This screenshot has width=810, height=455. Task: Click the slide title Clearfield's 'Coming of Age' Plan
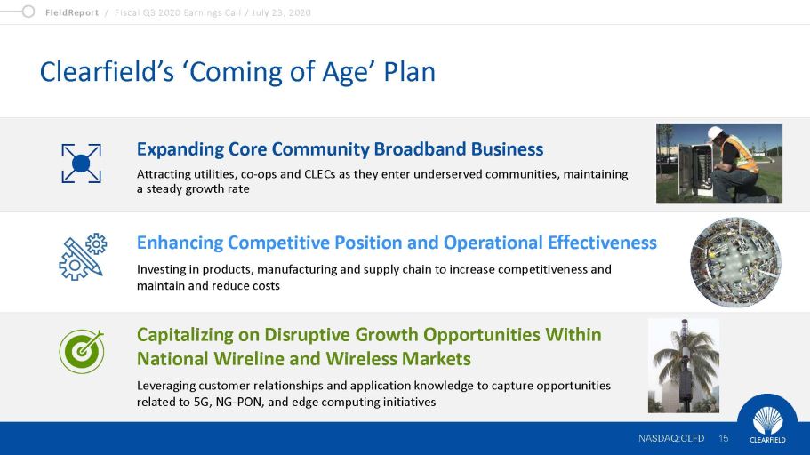click(x=237, y=72)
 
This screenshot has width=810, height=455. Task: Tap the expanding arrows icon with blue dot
click(x=81, y=164)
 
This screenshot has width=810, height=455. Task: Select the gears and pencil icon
click(x=83, y=257)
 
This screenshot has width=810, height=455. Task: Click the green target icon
click(x=82, y=351)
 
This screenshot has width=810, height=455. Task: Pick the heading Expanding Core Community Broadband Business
click(x=340, y=149)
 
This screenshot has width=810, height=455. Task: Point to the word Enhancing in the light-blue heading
click(x=180, y=243)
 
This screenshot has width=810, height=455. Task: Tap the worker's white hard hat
click(x=716, y=132)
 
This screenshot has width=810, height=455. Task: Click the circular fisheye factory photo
click(x=735, y=262)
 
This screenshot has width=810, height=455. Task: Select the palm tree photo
click(x=684, y=365)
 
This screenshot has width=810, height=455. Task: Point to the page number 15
click(x=723, y=438)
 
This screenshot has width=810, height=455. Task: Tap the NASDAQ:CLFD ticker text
click(x=671, y=438)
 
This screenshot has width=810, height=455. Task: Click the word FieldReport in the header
click(x=72, y=12)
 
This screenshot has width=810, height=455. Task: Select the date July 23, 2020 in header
click(x=281, y=12)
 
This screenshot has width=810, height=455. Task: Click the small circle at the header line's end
click(x=28, y=12)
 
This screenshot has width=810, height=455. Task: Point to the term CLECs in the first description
click(x=320, y=174)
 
